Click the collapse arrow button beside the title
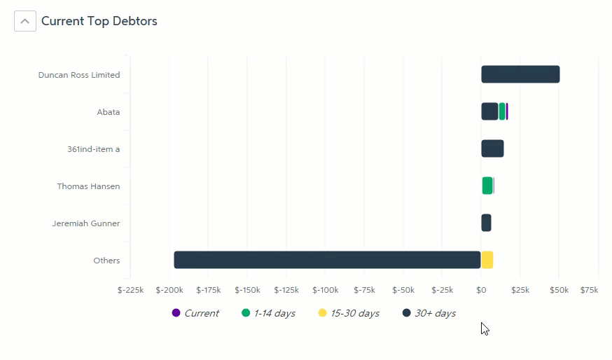[x=25, y=21]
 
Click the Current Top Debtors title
[x=99, y=21]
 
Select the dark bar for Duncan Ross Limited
[x=520, y=74]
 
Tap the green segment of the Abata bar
[x=501, y=111]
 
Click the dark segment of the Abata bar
[x=489, y=111]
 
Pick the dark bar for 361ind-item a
[x=492, y=148]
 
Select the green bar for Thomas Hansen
[x=487, y=186]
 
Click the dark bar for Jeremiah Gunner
[x=486, y=223]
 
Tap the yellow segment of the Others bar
[x=487, y=260]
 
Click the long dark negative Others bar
[x=327, y=260]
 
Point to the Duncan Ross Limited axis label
[x=79, y=75]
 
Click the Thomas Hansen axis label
[x=88, y=186]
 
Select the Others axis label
[x=106, y=261]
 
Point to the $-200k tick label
[x=169, y=290]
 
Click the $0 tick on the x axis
[x=481, y=290]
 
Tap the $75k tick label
[x=590, y=290]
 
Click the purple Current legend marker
[x=176, y=313]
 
